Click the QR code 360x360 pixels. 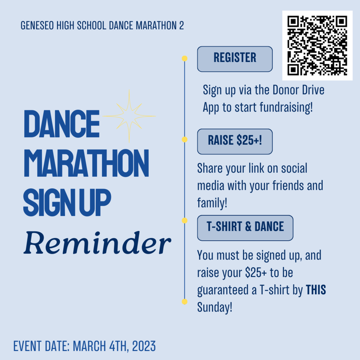[x=317, y=45]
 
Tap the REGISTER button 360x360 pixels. [x=235, y=59]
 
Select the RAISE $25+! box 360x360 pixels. [x=235, y=141]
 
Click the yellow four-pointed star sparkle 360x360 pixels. [x=129, y=116]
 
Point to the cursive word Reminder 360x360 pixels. [x=97, y=243]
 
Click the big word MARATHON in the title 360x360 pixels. [x=86, y=163]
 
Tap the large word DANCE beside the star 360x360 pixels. [x=62, y=124]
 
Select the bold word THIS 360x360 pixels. [x=316, y=290]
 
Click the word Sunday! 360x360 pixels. [x=215, y=307]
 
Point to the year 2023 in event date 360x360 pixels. [x=144, y=346]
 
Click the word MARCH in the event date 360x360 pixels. [x=89, y=346]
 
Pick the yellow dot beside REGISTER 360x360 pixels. [x=185, y=59]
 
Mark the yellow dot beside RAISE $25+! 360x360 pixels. [x=185, y=139]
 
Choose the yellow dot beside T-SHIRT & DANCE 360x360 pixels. [x=185, y=221]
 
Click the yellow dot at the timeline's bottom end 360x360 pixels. [x=185, y=302]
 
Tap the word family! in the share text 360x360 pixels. [x=212, y=203]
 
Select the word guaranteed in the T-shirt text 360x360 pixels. [x=224, y=290]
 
